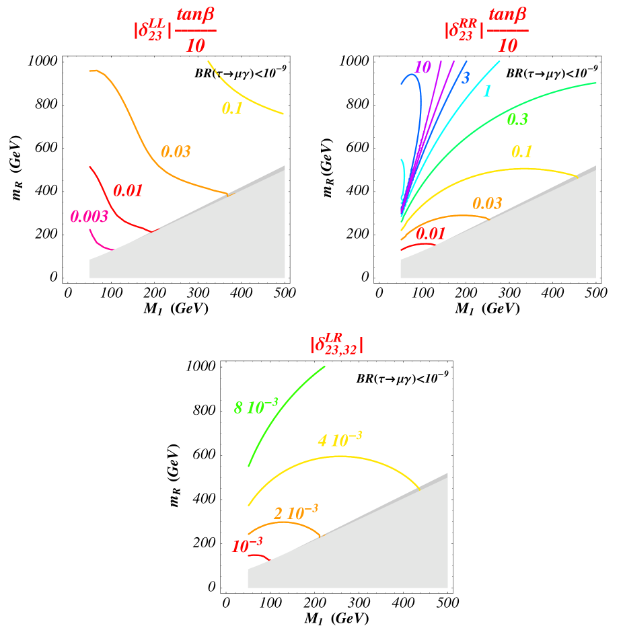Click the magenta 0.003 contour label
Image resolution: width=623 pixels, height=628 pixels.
pyautogui.click(x=89, y=217)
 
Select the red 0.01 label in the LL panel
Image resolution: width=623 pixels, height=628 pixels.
pyautogui.click(x=128, y=190)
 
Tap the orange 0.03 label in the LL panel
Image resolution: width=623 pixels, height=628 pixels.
pyautogui.click(x=176, y=152)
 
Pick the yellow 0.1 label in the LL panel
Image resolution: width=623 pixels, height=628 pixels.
pyautogui.click(x=231, y=108)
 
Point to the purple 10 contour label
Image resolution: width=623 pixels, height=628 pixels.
pyautogui.click(x=423, y=67)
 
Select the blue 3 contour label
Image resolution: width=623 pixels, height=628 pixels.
pyautogui.click(x=465, y=78)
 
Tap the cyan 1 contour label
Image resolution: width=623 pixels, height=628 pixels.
pyautogui.click(x=487, y=91)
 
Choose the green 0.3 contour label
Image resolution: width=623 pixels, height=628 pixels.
pyautogui.click(x=517, y=120)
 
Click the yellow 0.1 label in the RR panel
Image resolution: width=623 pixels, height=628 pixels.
pyautogui.click(x=521, y=152)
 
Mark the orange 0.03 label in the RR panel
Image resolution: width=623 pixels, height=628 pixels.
pyautogui.click(x=487, y=204)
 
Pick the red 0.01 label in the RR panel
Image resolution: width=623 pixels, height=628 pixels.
pyautogui.click(x=431, y=234)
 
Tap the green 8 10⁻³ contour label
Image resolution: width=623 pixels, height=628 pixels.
pyautogui.click(x=256, y=407)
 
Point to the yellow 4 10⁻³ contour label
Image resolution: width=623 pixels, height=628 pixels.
pyautogui.click(x=340, y=440)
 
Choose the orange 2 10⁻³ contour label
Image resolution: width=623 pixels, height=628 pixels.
pyautogui.click(x=295, y=513)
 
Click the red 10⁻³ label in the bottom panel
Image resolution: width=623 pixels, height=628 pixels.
pyautogui.click(x=246, y=547)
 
